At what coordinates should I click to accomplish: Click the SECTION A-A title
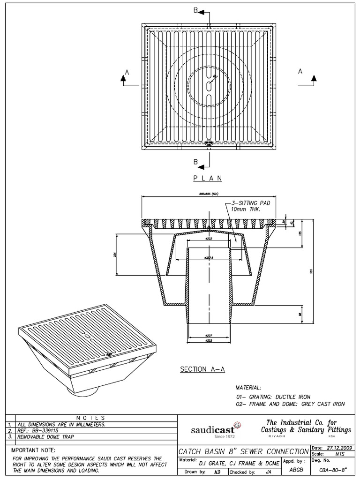click(202, 369)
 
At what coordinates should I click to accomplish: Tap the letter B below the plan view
click(195, 162)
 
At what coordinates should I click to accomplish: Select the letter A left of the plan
click(126, 71)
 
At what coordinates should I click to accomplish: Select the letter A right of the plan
click(300, 71)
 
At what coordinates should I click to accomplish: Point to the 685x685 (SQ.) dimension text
click(209, 194)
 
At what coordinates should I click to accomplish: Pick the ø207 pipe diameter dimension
click(209, 336)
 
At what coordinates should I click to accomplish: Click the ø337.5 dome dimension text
click(209, 258)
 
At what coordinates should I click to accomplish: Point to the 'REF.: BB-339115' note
click(40, 430)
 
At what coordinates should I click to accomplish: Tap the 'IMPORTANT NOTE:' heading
click(32, 450)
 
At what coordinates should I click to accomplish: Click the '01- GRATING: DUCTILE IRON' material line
click(273, 397)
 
